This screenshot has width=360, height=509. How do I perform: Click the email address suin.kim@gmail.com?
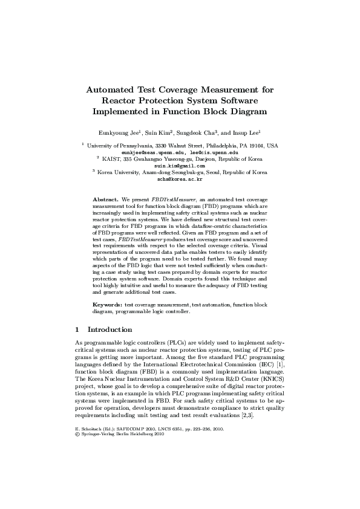coord(180,165)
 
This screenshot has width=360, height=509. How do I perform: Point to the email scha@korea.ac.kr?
coord(180,178)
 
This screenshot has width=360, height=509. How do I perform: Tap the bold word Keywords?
coord(108,305)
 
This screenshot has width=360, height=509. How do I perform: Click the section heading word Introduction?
coord(110,330)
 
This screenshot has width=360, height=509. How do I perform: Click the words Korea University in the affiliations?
coord(118,172)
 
